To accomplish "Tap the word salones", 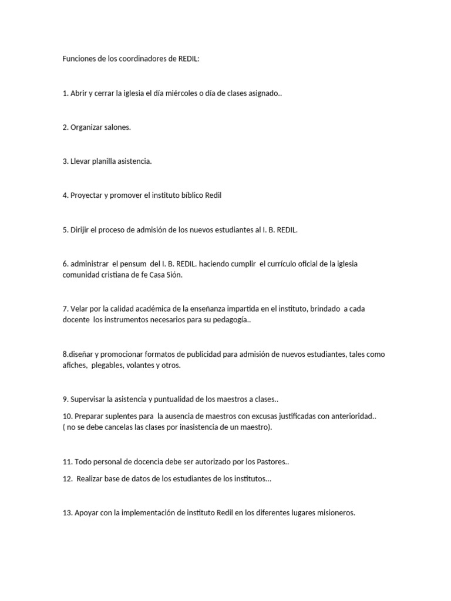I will [x=117, y=127].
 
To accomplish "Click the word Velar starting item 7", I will [x=79, y=309].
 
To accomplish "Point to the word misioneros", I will [x=335, y=513].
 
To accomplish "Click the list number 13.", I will [x=67, y=513].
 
